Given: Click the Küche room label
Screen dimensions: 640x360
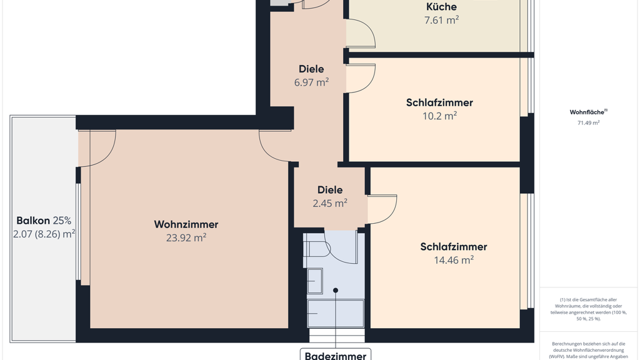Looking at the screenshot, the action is click(x=441, y=6).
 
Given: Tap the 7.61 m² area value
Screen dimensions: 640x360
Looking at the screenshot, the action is click(x=441, y=20).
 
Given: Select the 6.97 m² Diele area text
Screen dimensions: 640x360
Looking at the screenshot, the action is click(x=311, y=82).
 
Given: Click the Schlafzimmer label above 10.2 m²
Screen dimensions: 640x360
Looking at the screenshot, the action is click(x=439, y=102).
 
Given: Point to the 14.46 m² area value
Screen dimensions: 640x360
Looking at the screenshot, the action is click(x=454, y=260).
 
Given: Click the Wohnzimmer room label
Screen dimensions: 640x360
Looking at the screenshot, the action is click(x=186, y=224).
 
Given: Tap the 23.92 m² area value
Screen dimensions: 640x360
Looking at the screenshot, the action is click(x=186, y=237).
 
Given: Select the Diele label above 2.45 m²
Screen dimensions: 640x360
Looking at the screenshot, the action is click(x=330, y=190).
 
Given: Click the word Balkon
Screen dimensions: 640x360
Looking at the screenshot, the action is click(x=33, y=221).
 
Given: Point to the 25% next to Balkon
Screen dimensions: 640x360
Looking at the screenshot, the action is click(x=62, y=221).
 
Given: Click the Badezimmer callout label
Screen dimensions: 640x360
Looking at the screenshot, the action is click(x=336, y=355).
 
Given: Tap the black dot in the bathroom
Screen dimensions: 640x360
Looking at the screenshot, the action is click(x=336, y=291).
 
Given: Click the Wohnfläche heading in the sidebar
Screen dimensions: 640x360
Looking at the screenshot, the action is click(x=587, y=112).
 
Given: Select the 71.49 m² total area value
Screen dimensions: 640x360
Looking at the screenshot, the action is click(x=588, y=122).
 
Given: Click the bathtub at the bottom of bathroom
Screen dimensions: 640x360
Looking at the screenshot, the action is click(x=336, y=313).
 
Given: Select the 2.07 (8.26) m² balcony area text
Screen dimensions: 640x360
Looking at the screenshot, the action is click(x=44, y=234).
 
